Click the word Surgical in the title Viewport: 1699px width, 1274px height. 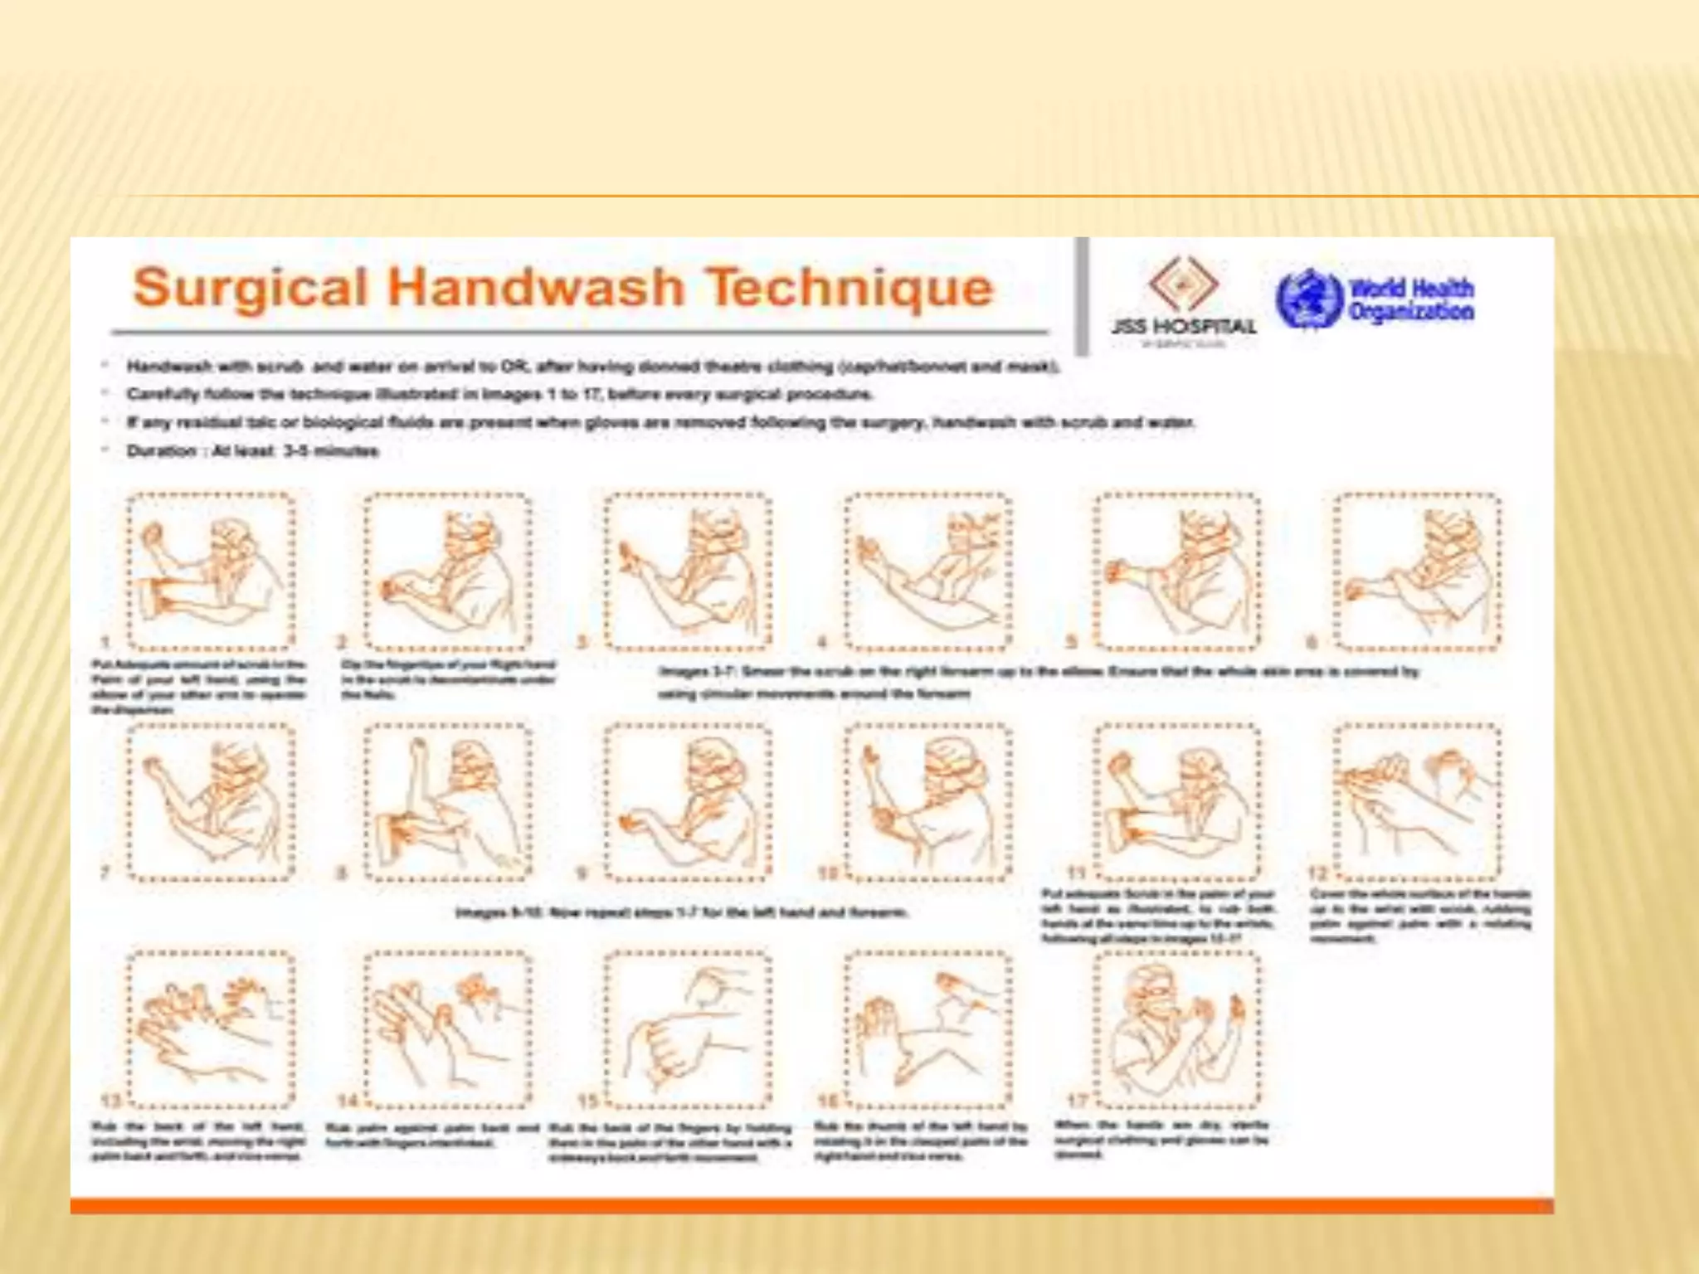coord(250,288)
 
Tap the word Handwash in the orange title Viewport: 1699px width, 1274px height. coord(535,288)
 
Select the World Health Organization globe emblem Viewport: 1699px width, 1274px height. coord(1308,299)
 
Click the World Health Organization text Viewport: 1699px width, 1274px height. coord(1411,300)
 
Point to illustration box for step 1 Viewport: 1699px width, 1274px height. coord(211,571)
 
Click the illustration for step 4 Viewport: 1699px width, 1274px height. coord(927,571)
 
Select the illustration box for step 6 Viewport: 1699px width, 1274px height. coord(1416,571)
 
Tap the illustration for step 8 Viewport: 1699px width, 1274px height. coord(448,801)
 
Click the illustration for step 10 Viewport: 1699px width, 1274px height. coord(927,801)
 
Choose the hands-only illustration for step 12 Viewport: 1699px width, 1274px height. coord(1416,801)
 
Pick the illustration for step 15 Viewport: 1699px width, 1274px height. coord(687,1030)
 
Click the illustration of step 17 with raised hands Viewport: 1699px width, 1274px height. coord(1176,1030)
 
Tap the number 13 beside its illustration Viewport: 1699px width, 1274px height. coord(111,1101)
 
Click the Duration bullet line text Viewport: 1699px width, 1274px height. coord(253,451)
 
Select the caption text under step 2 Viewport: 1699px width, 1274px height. coord(448,679)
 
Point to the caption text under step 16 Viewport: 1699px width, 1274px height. coord(921,1141)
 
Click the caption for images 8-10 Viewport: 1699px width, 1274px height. coord(682,913)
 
